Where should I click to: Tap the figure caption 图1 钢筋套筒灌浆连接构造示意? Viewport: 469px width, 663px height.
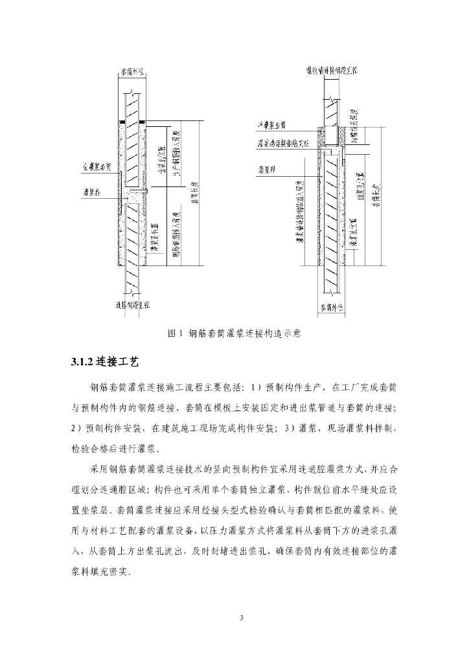[234, 333]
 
